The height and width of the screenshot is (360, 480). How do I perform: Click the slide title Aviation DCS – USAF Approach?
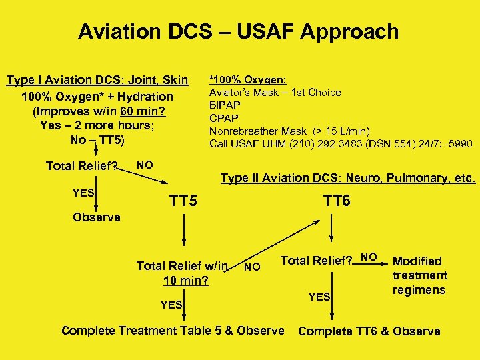(239, 31)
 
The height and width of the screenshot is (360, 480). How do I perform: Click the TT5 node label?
(183, 201)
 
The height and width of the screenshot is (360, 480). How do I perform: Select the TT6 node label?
(337, 201)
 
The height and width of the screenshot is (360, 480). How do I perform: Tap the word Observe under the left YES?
(97, 217)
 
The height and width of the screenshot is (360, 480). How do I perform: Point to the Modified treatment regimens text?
(419, 275)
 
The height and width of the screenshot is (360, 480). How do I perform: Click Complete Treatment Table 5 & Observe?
(173, 331)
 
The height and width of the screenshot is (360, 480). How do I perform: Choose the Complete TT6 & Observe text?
(369, 331)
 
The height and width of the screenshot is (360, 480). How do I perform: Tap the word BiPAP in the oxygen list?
(225, 105)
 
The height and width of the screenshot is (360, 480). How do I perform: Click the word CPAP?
(225, 118)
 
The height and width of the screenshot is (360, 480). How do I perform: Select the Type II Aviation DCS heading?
(348, 178)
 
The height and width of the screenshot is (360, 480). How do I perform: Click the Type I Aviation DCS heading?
(97, 81)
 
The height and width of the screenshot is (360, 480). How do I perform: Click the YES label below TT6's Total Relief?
(319, 296)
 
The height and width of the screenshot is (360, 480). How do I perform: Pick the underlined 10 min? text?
(186, 281)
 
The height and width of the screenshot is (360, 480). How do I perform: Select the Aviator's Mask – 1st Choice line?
(275, 93)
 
